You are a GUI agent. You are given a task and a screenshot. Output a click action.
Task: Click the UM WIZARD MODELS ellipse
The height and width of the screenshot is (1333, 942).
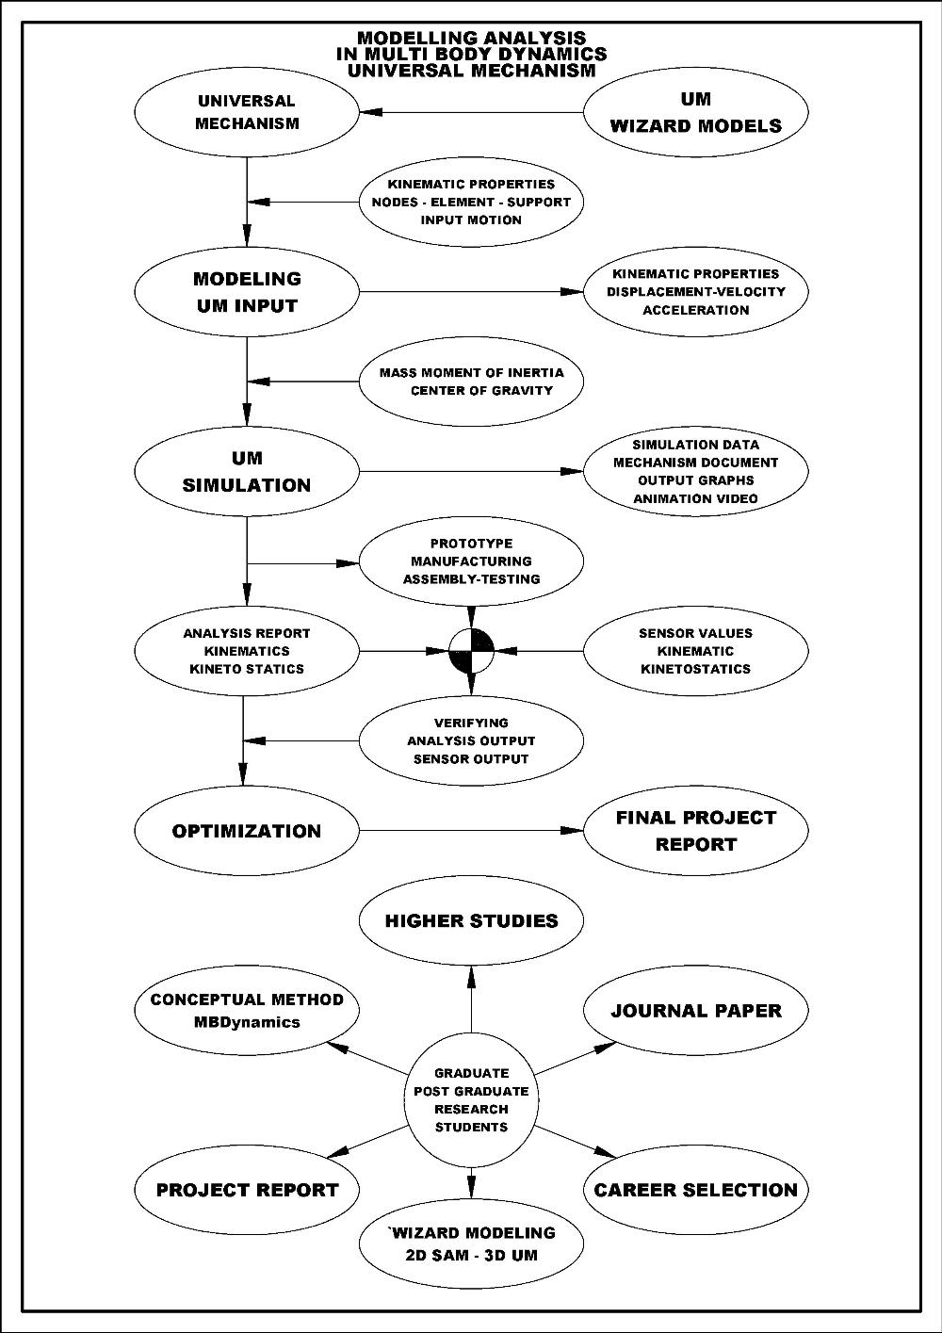(696, 113)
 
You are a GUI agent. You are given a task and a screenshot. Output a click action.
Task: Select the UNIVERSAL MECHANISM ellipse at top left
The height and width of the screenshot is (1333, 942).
(247, 113)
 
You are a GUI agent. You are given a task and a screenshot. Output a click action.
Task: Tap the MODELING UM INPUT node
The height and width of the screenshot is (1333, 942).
(247, 292)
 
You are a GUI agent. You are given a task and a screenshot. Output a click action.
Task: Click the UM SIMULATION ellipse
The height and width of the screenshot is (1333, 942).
(247, 472)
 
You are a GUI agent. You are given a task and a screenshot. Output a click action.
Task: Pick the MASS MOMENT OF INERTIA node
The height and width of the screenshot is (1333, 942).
(471, 382)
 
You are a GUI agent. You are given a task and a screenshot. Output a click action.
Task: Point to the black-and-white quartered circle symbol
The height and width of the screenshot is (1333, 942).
(471, 650)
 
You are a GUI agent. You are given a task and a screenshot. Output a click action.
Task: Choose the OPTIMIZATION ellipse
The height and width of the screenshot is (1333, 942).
(247, 831)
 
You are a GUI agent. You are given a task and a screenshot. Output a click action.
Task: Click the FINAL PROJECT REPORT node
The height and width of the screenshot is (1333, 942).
(696, 831)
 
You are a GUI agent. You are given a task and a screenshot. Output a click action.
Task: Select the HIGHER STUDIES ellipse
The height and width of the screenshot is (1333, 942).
(471, 920)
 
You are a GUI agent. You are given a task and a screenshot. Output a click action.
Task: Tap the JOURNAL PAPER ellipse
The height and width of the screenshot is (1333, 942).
(696, 1011)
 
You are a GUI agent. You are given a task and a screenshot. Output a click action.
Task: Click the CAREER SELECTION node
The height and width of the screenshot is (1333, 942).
(696, 1190)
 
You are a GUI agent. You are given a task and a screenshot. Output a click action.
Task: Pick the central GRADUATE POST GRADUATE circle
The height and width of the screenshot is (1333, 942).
(471, 1100)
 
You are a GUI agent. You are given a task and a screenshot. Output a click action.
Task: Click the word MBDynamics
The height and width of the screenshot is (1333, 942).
(247, 1022)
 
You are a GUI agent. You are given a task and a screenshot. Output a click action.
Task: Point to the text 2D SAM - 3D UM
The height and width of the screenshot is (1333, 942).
(471, 1256)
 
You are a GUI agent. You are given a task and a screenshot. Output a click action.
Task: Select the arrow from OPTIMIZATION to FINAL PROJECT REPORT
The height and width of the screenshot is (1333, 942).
(471, 831)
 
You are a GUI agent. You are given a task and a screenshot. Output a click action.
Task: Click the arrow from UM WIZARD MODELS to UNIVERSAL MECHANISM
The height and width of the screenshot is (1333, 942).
(471, 113)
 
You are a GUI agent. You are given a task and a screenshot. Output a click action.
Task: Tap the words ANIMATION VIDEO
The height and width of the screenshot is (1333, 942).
(696, 498)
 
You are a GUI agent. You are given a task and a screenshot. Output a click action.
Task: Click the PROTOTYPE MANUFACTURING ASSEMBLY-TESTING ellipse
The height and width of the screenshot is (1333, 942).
(471, 561)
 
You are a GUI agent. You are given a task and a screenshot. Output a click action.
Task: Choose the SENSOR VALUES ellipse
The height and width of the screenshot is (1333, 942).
(696, 651)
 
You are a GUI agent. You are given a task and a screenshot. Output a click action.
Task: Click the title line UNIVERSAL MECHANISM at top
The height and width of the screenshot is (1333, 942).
(471, 70)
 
